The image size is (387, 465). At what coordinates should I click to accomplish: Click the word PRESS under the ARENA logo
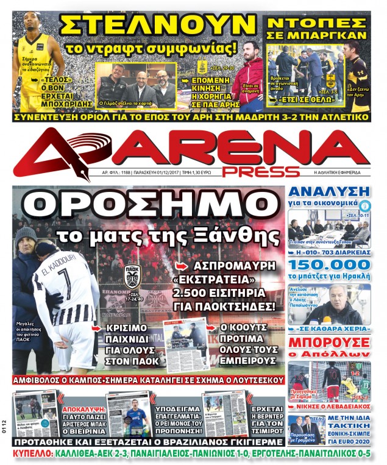coord(262,171)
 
